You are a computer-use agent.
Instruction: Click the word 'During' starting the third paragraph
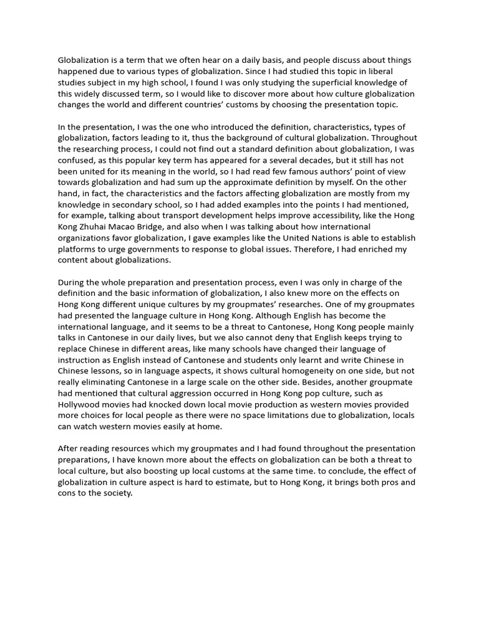click(71, 282)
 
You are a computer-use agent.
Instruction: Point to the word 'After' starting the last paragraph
click(68, 448)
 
